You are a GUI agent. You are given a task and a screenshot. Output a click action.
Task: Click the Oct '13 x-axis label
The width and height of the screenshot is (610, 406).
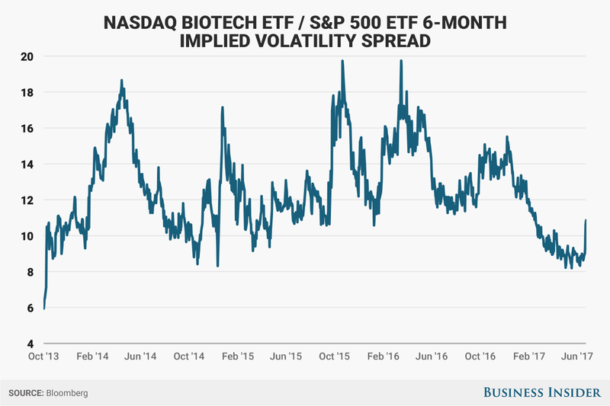coord(43,356)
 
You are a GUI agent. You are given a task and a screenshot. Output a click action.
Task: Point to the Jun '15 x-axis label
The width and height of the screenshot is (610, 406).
coord(288,356)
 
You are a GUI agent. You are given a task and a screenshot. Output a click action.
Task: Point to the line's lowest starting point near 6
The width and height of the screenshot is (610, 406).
coord(44,308)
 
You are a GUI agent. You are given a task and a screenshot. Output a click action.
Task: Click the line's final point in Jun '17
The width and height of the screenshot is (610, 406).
coord(586,220)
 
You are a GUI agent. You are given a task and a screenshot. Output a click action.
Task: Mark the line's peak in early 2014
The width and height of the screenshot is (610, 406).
coord(121,80)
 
